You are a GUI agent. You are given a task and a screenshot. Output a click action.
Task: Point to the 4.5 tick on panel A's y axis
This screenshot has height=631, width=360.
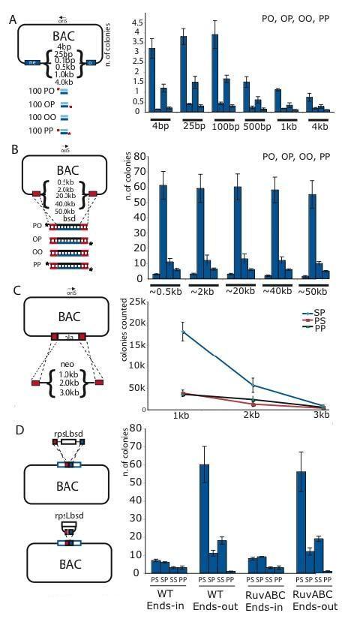(136, 23)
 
